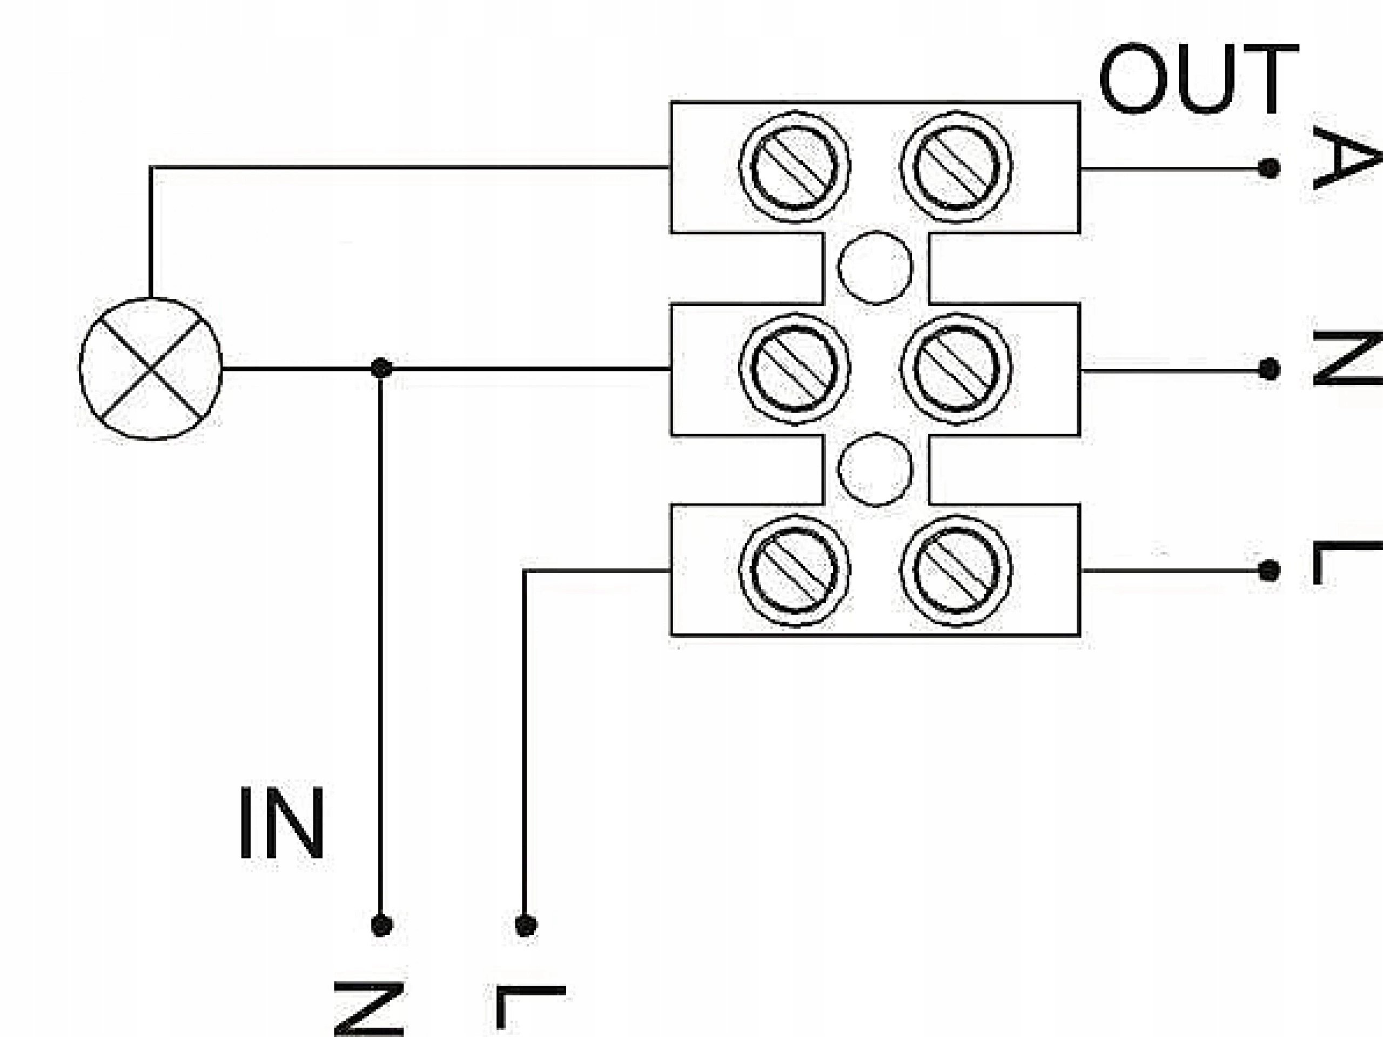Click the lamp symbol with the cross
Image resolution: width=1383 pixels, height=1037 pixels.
(x=151, y=369)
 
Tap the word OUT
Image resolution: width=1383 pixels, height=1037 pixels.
(x=1198, y=79)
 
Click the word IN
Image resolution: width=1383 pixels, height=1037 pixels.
(x=282, y=824)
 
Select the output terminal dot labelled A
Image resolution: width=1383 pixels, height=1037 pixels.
(x=1268, y=167)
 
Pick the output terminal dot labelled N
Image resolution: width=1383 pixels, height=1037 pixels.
(x=1268, y=369)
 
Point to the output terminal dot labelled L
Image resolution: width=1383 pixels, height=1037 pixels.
(x=1268, y=570)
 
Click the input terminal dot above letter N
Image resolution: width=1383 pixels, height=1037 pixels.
(x=381, y=925)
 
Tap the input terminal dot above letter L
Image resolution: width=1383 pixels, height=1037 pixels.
(x=525, y=925)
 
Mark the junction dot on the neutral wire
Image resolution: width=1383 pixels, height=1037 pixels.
(x=381, y=368)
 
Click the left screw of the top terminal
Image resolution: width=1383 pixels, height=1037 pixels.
(x=794, y=167)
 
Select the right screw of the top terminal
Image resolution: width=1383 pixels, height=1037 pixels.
(x=956, y=167)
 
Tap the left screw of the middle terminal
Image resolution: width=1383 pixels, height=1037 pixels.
(x=794, y=369)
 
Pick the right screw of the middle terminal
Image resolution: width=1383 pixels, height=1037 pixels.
(x=956, y=369)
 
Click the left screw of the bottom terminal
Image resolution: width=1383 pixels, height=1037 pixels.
(x=794, y=570)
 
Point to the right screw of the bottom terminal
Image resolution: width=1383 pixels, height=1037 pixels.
(x=956, y=570)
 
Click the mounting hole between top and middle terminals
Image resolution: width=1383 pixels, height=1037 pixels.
(x=875, y=267)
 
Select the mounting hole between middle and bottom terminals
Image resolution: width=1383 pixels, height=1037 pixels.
(x=875, y=469)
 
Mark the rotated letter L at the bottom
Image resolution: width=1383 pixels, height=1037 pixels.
(x=530, y=1008)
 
